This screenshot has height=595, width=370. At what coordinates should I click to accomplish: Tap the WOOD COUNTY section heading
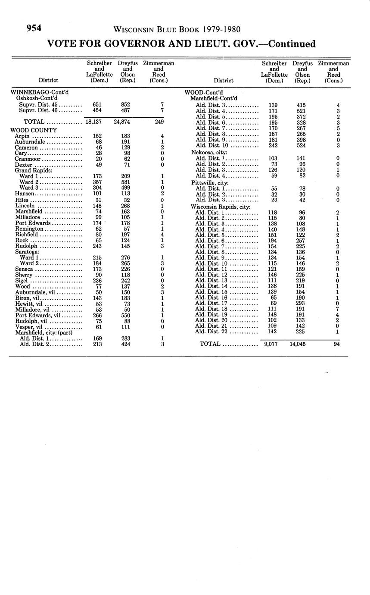tap(34, 130)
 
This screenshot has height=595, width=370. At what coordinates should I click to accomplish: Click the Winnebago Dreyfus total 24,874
tap(125, 122)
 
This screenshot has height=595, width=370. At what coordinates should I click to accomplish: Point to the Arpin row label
tap(22, 136)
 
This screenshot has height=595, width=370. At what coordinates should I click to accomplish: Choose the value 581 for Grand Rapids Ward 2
tap(126, 182)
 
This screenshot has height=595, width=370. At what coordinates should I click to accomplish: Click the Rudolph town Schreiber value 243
tap(97, 246)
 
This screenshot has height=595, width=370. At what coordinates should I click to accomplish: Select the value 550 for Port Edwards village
tap(126, 315)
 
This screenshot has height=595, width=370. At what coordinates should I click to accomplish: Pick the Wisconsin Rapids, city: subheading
tap(221, 207)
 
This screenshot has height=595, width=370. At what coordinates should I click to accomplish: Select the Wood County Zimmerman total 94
tap(337, 344)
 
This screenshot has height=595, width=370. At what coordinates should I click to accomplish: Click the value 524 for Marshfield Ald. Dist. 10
tap(301, 146)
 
